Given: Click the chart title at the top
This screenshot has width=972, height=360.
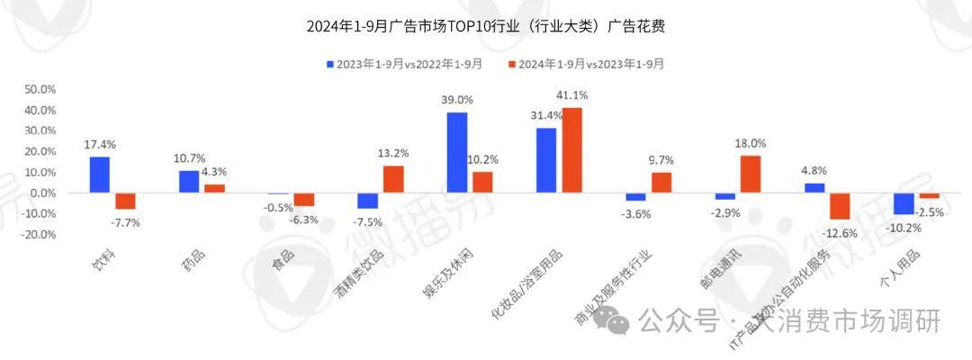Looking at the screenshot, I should pos(486,26).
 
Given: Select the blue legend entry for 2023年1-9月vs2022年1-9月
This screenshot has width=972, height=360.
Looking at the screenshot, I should pos(404,64).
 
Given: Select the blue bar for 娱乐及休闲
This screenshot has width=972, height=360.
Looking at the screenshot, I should pos(457,152).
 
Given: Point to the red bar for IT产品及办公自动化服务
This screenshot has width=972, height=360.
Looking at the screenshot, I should pos(840,206).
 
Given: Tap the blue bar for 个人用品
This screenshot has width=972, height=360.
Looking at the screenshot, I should pos(903,203).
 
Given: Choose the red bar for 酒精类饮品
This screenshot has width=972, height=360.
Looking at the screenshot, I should pos(394,179).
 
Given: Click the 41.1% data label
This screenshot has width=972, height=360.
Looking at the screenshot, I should pos(572,95).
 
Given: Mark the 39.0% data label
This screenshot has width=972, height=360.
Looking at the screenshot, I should pos(457,100).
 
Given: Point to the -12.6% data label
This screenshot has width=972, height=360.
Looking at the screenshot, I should pos(840,232).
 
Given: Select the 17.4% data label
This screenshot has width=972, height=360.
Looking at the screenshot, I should pos(100,144).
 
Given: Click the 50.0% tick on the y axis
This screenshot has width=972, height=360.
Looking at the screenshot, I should pos(40,90).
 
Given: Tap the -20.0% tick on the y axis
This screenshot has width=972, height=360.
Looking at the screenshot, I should pos(38,234).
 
